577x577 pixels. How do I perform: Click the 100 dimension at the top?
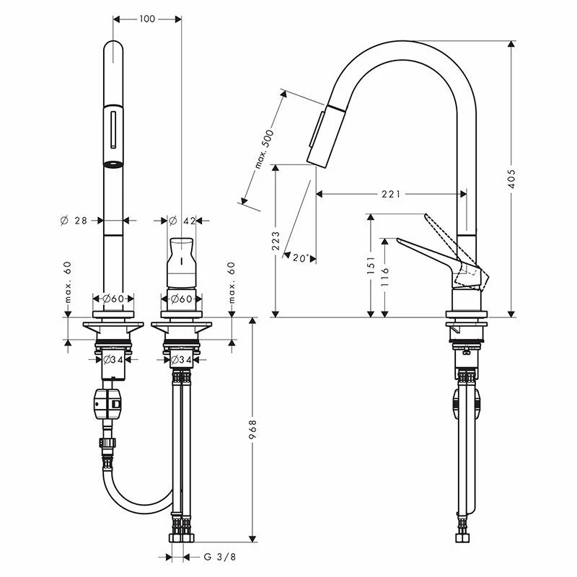click(146, 19)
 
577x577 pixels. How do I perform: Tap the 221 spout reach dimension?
click(390, 193)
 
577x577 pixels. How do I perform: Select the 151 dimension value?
click(370, 267)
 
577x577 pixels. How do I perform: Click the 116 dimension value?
click(385, 277)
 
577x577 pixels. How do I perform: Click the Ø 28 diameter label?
click(74, 221)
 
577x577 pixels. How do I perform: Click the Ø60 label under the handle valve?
click(180, 299)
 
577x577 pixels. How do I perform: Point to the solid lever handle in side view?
click(426, 252)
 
